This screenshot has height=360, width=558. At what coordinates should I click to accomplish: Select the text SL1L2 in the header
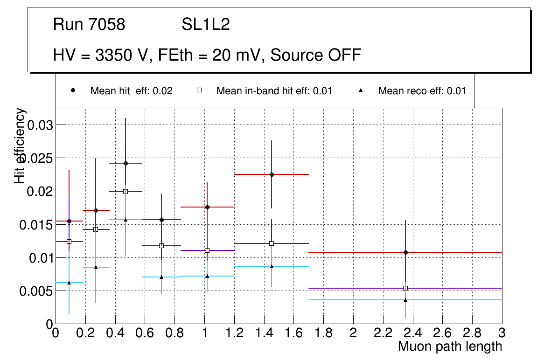206,24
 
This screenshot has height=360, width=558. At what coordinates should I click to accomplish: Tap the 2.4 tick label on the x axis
412,333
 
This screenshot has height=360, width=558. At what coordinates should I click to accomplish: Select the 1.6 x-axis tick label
293,333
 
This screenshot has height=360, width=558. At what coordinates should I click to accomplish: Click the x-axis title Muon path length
450,346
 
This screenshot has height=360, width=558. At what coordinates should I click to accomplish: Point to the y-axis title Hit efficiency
20,145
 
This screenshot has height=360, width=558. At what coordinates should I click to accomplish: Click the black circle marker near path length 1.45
272,174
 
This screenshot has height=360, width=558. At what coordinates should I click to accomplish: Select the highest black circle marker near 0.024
126,163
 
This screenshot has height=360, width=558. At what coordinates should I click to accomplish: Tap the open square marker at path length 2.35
405,288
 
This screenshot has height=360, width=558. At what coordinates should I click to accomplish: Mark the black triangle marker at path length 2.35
405,299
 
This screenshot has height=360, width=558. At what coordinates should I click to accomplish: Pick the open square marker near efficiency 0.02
126,191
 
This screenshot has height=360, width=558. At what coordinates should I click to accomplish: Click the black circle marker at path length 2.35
405,252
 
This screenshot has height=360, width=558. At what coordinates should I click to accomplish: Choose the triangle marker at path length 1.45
272,266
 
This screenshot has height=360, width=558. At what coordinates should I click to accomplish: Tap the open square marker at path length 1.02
207,250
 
